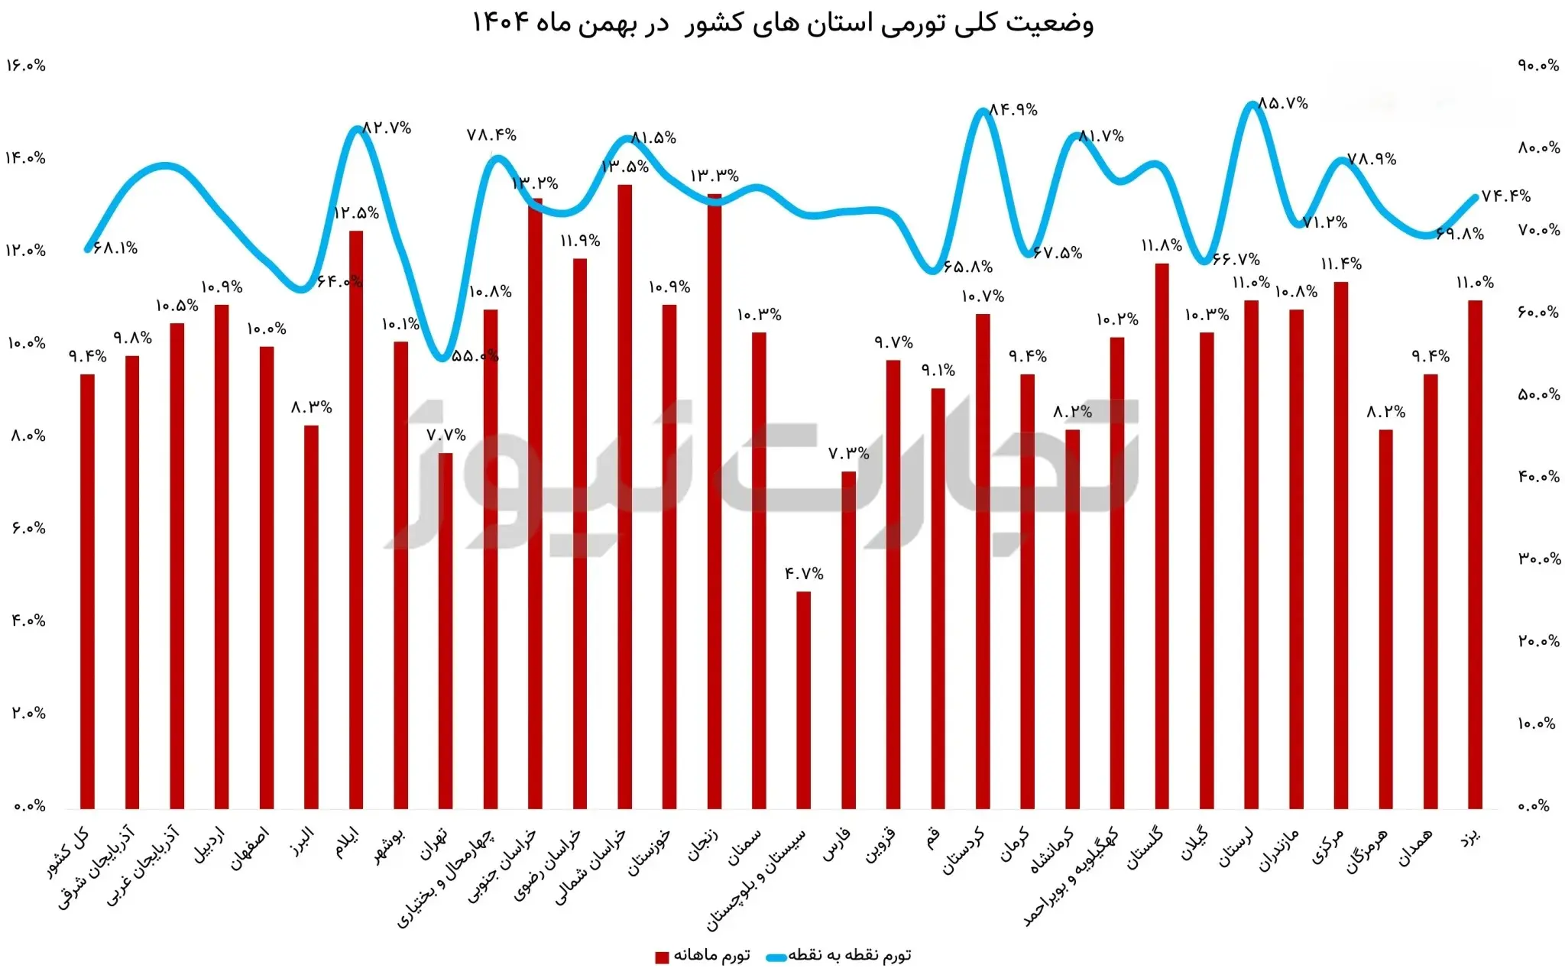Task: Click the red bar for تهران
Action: pyautogui.click(x=445, y=630)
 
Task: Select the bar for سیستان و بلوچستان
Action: pyautogui.click(x=803, y=699)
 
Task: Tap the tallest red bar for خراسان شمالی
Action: pyautogui.click(x=624, y=497)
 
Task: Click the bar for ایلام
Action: pyautogui.click(x=355, y=520)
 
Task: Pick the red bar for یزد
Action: pyautogui.click(x=1475, y=554)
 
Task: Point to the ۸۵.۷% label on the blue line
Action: pyautogui.click(x=1282, y=103)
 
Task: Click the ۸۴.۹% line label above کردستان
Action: pyautogui.click(x=1013, y=110)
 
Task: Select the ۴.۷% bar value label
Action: pyautogui.click(x=804, y=574)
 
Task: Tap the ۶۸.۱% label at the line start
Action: pyautogui.click(x=115, y=248)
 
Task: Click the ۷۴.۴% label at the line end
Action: pyautogui.click(x=1505, y=196)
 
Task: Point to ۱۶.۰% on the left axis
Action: pyautogui.click(x=26, y=66)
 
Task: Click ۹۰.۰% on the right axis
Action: pyautogui.click(x=1538, y=66)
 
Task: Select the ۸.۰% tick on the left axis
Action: pyautogui.click(x=28, y=436)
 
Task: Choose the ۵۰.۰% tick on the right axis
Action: pyautogui.click(x=1538, y=395)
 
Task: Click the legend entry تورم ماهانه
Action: pyautogui.click(x=703, y=956)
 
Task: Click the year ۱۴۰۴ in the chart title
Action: pyautogui.click(x=501, y=22)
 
